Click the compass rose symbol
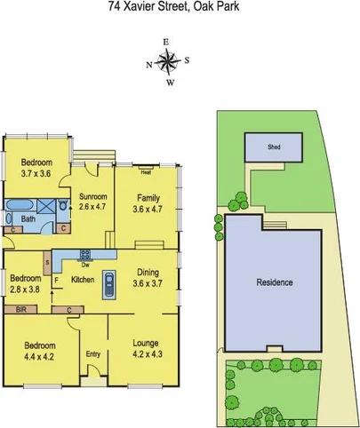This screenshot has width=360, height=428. click(167, 62)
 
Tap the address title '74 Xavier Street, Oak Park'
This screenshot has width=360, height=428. click(180, 7)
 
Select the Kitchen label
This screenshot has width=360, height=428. click(83, 280)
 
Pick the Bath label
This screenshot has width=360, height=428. click(28, 218)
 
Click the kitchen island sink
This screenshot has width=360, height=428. click(108, 283)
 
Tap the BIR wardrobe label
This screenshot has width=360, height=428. click(21, 310)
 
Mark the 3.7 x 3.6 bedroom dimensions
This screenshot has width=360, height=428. click(37, 175)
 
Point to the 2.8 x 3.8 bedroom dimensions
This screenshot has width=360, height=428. click(25, 289)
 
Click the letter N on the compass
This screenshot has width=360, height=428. click(148, 63)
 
